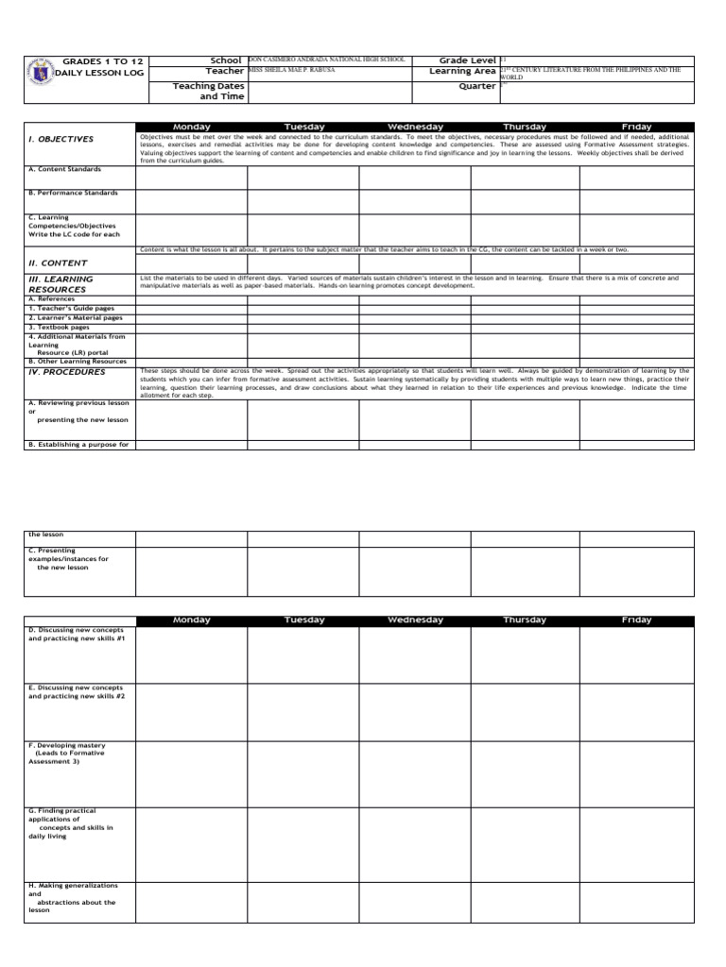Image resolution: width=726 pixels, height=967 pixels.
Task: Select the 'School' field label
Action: click(226, 60)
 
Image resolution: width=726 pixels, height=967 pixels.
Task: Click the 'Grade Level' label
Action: click(468, 60)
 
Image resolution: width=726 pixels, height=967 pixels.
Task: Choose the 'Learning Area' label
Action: click(462, 72)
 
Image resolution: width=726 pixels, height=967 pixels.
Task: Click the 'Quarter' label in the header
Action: click(476, 86)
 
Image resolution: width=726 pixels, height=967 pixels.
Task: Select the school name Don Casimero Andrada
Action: click(326, 59)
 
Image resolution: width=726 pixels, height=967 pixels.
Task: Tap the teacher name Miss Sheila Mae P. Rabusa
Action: click(291, 70)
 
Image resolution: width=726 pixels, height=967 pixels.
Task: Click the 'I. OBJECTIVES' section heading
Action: click(60, 139)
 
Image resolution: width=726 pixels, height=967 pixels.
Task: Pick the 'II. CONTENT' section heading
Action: click(58, 263)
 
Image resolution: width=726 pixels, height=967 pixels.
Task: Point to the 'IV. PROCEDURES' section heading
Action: click(66, 371)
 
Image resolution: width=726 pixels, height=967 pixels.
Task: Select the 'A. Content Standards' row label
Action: click(63, 170)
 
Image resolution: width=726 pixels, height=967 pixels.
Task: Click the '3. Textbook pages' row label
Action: click(60, 327)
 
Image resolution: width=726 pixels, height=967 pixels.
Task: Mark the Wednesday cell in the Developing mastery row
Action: click(414, 771)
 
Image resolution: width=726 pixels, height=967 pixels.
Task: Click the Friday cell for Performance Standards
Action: click(636, 201)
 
